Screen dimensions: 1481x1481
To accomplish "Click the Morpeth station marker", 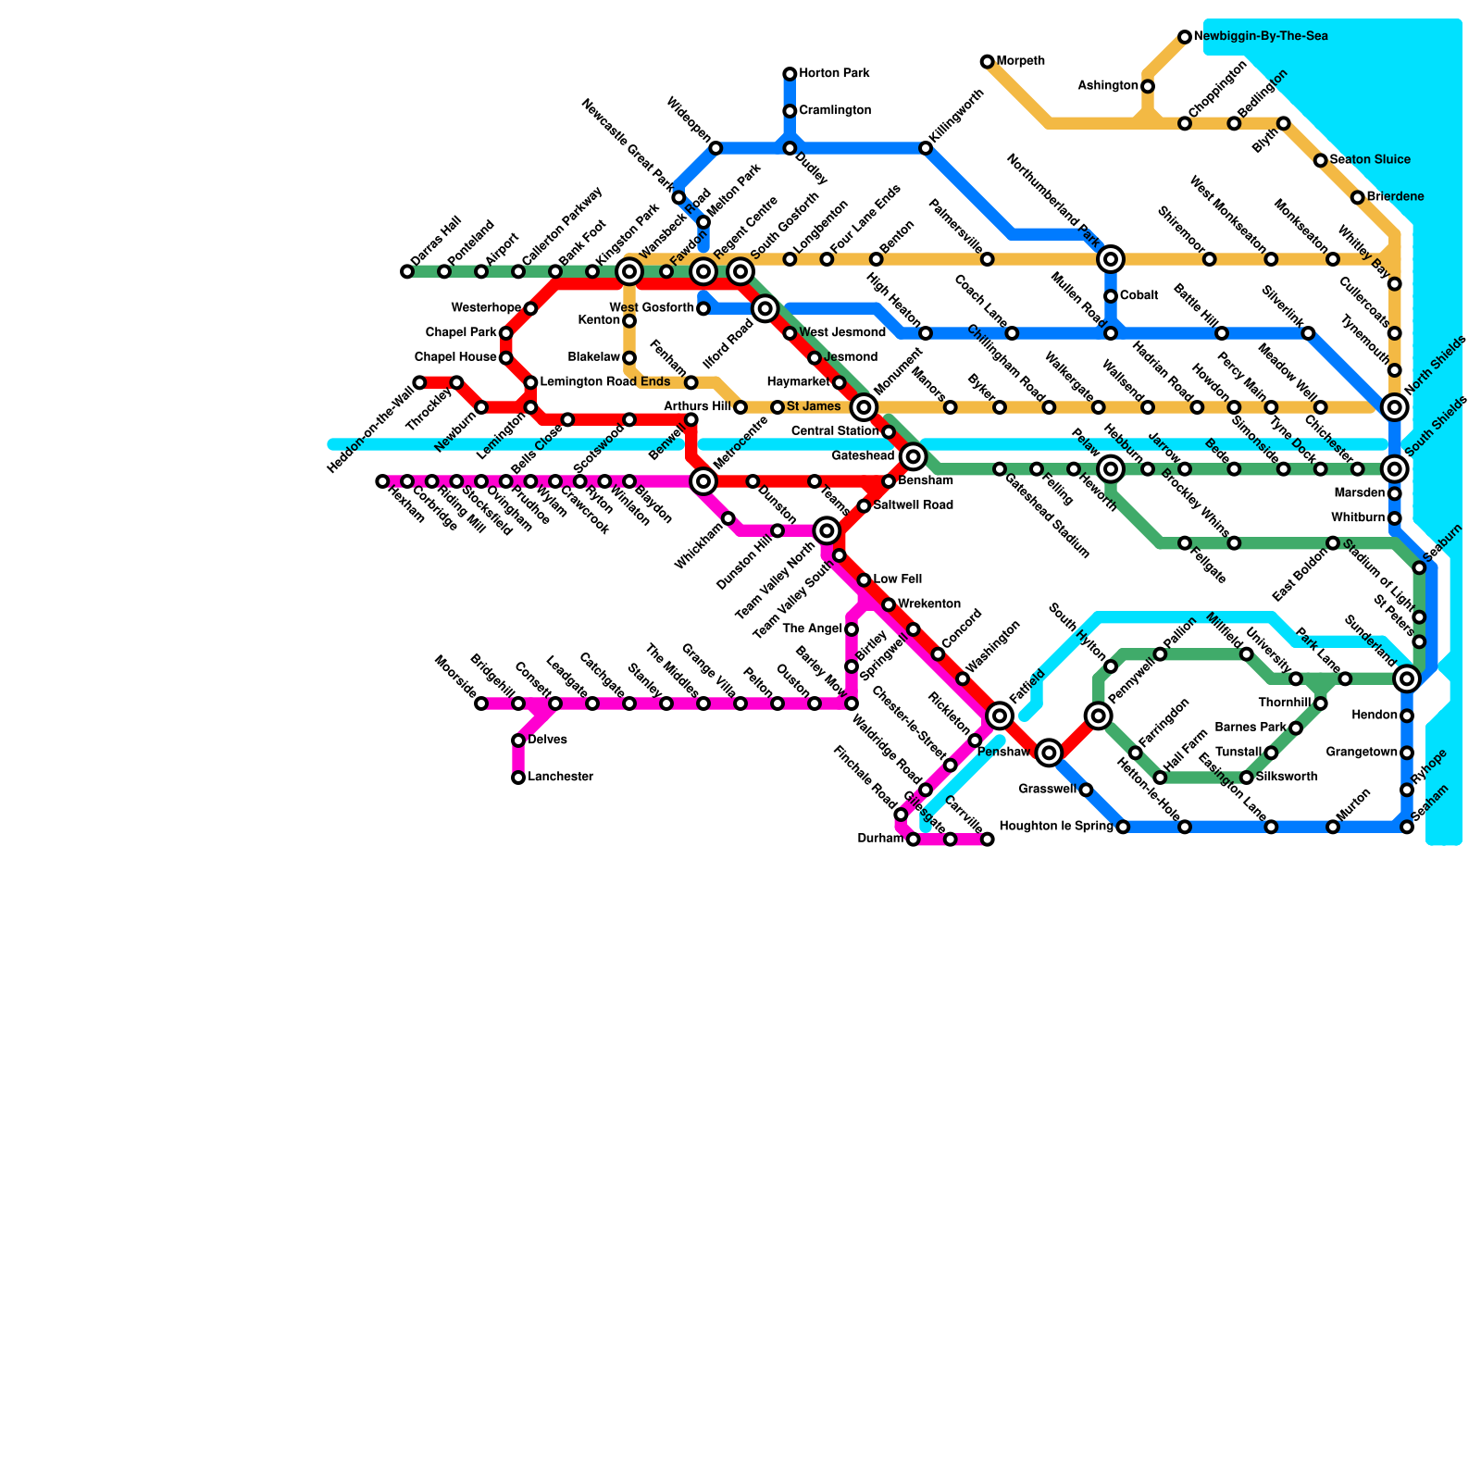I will pyautogui.click(x=987, y=62).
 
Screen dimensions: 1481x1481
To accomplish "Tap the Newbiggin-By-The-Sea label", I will pyautogui.click(x=1261, y=37).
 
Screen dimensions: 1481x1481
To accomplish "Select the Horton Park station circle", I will pyautogui.click(x=790, y=74).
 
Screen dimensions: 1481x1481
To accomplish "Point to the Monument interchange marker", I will pyautogui.click(x=864, y=407).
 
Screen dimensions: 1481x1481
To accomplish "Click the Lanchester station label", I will pyautogui.click(x=561, y=778).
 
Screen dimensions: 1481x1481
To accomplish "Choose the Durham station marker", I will pyautogui.click(x=913, y=840).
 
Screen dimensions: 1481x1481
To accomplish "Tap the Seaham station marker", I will pyautogui.click(x=1407, y=827).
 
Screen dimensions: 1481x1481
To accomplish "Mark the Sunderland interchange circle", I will pyautogui.click(x=1407, y=679).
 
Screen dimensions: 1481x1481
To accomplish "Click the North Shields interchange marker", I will pyautogui.click(x=1395, y=407).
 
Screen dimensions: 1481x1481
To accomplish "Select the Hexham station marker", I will pyautogui.click(x=382, y=481).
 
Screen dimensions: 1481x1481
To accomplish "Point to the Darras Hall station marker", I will pyautogui.click(x=407, y=271).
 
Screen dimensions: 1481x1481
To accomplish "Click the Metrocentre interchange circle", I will pyautogui.click(x=703, y=481).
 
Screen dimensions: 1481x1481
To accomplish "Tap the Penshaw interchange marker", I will pyautogui.click(x=1049, y=753).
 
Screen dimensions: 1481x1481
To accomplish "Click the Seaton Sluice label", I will pyautogui.click(x=1370, y=160).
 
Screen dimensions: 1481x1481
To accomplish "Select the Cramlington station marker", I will pyautogui.click(x=790, y=111).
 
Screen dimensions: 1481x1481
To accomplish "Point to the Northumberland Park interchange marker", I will pyautogui.click(x=1111, y=259).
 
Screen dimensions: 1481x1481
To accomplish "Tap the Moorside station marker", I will pyautogui.click(x=481, y=703).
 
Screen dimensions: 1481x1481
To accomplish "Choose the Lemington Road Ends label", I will pyautogui.click(x=604, y=382).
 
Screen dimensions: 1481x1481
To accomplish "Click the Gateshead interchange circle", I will pyautogui.click(x=914, y=456).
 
